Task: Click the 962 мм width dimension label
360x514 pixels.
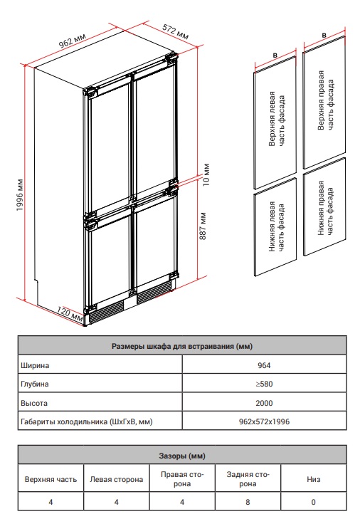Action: pos(72,41)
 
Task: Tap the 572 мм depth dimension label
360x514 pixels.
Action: pos(176,32)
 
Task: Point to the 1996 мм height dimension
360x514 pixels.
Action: pos(21,195)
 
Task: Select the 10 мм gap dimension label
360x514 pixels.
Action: pos(206,174)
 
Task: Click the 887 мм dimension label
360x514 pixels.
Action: pos(203,226)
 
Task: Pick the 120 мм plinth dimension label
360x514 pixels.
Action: pos(70,313)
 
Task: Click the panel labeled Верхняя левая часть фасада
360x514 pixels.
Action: pos(275,122)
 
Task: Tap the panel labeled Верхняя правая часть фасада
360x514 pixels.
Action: pos(324,103)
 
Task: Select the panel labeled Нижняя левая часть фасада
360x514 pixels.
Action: pos(275,227)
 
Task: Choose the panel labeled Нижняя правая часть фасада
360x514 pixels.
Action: pos(324,207)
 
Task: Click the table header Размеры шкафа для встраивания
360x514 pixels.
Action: pos(182,346)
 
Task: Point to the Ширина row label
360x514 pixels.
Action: pos(35,365)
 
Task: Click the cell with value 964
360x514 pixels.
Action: pos(264,365)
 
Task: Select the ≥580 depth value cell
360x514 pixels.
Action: pos(264,384)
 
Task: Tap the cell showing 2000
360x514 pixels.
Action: pos(264,403)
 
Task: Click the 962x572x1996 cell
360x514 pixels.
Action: pos(264,421)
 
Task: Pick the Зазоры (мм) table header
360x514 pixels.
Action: pos(182,456)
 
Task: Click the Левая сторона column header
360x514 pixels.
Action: pos(117,479)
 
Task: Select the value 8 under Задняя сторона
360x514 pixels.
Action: pos(248,502)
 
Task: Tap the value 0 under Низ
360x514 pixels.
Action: pos(314,502)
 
